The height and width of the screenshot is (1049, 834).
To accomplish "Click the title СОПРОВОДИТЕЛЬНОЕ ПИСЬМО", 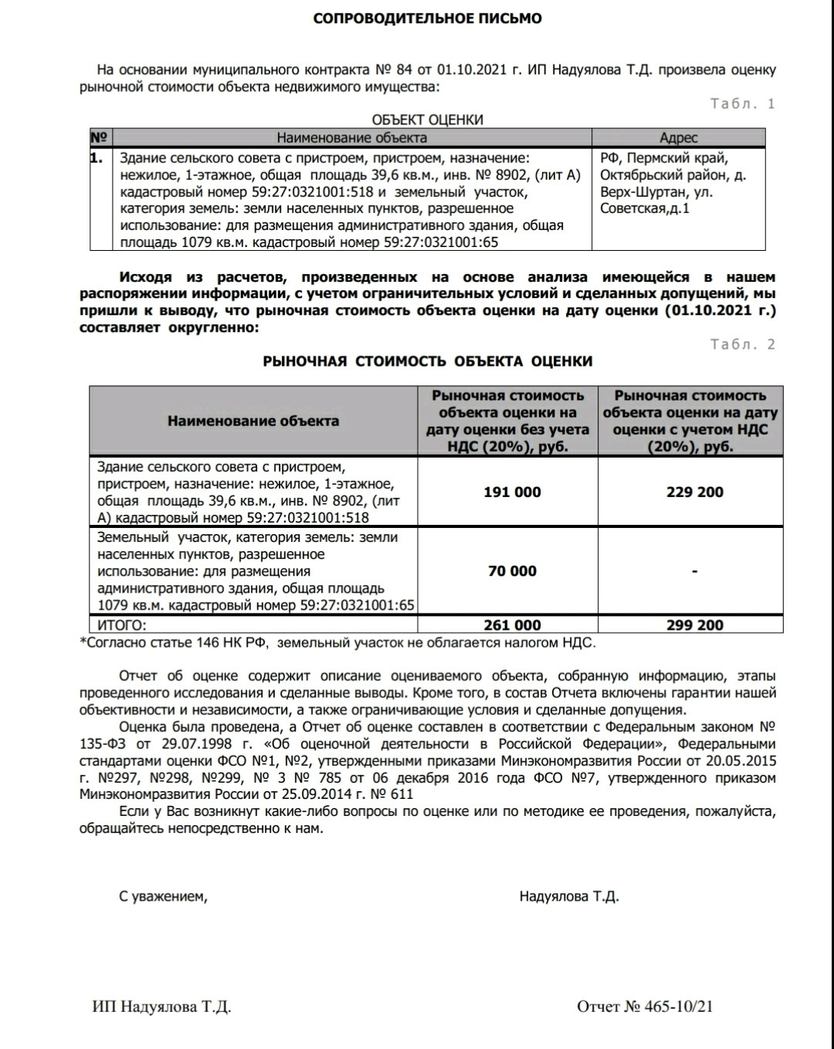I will pyautogui.click(x=427, y=18).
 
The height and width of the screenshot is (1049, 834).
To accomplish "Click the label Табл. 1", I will pyautogui.click(x=742, y=103).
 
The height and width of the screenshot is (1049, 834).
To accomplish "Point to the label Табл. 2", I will pyautogui.click(x=742, y=344).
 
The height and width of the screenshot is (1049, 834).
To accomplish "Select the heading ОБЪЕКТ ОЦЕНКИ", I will pyautogui.click(x=427, y=120).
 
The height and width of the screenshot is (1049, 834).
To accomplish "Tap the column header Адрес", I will pyautogui.click(x=678, y=138).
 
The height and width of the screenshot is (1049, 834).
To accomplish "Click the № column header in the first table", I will pyautogui.click(x=99, y=138).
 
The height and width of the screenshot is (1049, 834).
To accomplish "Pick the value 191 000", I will pyautogui.click(x=512, y=492).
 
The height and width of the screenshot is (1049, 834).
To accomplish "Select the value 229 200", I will pyautogui.click(x=694, y=492).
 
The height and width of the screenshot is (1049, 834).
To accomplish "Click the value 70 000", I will pyautogui.click(x=512, y=571).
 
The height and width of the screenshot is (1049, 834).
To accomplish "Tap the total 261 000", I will pyautogui.click(x=512, y=625).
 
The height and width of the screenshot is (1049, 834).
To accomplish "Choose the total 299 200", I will pyautogui.click(x=694, y=625).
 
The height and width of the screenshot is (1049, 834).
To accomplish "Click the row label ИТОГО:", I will pyautogui.click(x=122, y=625).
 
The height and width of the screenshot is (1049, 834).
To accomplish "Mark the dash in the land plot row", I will pyautogui.click(x=694, y=571).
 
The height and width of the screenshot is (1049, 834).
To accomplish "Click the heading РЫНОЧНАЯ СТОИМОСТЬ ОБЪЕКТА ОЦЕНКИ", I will pyautogui.click(x=427, y=361).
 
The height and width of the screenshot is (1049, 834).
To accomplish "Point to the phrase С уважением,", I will pyautogui.click(x=163, y=896).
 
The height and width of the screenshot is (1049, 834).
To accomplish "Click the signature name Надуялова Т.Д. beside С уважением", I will pyautogui.click(x=569, y=896).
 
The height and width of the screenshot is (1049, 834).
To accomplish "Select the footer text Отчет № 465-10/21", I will pyautogui.click(x=645, y=1007).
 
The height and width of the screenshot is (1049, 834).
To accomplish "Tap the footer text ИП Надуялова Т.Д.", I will pyautogui.click(x=161, y=1007).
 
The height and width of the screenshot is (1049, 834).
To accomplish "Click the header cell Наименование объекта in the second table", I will pyautogui.click(x=253, y=421).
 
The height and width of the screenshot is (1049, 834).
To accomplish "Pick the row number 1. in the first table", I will pyautogui.click(x=97, y=158).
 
